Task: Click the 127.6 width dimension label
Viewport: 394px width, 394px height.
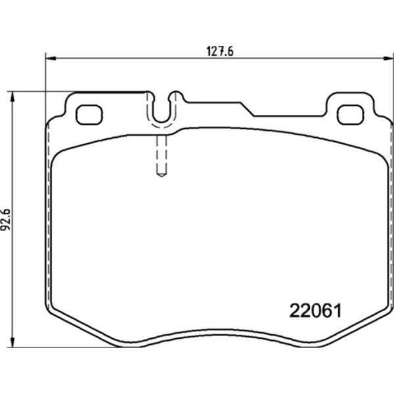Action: click(220, 51)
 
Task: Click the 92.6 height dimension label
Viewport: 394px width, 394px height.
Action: click(6, 219)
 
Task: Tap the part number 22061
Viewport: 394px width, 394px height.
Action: click(316, 311)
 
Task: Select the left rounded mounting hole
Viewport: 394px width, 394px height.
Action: click(89, 115)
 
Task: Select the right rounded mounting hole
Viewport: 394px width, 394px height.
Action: click(351, 115)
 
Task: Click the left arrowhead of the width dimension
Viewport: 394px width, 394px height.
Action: click(51, 58)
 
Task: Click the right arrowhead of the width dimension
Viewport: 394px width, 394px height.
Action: click(388, 58)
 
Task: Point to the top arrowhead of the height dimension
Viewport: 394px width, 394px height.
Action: click(12, 97)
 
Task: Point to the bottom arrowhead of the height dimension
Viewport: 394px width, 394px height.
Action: click(12, 342)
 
